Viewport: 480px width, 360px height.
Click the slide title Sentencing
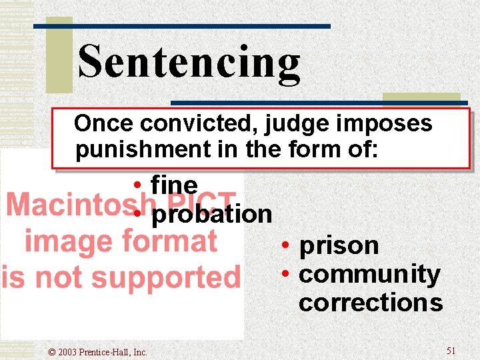189,62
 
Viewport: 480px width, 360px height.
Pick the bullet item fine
174,184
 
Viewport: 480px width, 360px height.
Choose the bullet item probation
212,214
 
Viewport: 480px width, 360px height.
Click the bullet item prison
339,246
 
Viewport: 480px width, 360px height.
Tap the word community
369,274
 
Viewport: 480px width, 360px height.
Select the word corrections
371,303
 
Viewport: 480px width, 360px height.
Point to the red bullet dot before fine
135,185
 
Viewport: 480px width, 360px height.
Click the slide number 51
451,351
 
